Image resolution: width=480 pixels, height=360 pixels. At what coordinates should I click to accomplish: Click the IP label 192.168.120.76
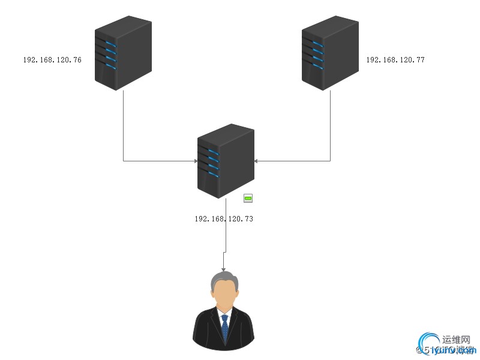[x=52, y=60]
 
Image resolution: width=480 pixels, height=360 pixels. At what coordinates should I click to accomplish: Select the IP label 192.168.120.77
[x=395, y=60]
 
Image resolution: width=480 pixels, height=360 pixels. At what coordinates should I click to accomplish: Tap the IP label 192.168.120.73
[x=224, y=219]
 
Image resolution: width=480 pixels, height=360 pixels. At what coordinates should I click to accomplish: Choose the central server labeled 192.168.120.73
[x=226, y=160]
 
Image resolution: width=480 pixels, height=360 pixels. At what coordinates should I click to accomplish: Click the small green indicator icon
[x=248, y=198]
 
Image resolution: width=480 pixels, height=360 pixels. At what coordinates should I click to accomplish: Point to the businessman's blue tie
[x=224, y=328]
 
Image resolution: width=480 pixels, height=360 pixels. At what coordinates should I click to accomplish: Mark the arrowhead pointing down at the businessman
[x=224, y=269]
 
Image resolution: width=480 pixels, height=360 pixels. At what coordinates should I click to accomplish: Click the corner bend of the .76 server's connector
[x=123, y=161]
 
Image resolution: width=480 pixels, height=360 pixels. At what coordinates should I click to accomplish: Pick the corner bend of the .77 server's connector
[x=330, y=161]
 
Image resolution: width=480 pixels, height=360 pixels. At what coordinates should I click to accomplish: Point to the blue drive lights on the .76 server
[x=110, y=52]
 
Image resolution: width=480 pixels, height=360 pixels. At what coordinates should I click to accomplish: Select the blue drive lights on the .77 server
[x=317, y=52]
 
